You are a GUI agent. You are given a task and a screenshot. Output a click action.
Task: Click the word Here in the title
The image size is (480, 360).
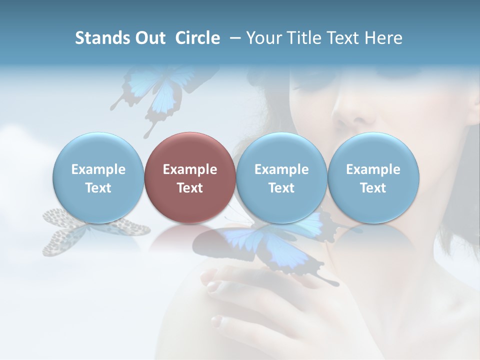384,38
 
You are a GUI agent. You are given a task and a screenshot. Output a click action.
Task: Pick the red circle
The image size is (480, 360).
189,177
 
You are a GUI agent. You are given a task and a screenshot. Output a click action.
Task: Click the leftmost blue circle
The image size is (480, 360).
98,177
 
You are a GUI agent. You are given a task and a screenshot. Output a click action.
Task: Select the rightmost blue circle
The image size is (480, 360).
373,177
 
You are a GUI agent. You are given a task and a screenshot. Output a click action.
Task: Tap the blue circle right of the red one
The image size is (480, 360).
281,177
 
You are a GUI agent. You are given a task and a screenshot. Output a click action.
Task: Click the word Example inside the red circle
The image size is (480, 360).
189,169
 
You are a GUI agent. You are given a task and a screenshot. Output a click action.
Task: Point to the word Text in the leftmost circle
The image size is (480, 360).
98,188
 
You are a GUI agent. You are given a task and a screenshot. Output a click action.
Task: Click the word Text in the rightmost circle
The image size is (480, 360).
373,188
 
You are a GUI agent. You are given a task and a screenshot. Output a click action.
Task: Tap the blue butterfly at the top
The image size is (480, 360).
155,92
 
